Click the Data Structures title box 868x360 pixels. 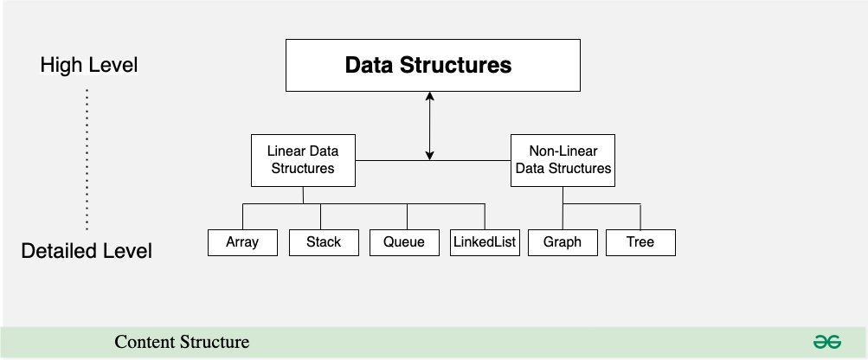tap(433, 66)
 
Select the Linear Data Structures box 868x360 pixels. tap(304, 160)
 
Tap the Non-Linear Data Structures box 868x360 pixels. tap(563, 160)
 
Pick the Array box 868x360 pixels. tap(242, 242)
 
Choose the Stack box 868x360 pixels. tap(324, 242)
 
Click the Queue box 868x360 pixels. tap(405, 242)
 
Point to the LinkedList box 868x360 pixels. tap(485, 242)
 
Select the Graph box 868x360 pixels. tap(563, 242)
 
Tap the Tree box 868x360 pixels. tap(640, 242)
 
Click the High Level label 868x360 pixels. tap(88, 65)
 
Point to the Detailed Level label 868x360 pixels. tap(87, 251)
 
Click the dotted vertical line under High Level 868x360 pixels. tap(87, 159)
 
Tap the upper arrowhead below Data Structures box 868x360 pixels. tap(429, 96)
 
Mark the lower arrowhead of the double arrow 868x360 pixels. tap(429, 156)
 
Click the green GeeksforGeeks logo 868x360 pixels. tap(827, 342)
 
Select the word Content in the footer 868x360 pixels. tap(145, 342)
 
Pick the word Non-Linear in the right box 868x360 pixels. tap(563, 151)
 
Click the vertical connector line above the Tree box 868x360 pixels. tap(640, 216)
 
